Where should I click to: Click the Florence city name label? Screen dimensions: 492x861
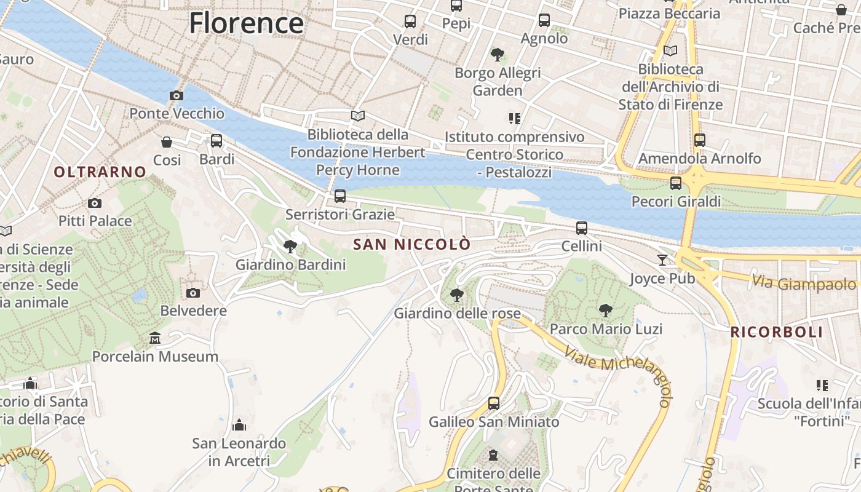click(246, 23)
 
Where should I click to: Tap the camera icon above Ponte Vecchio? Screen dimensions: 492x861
click(177, 95)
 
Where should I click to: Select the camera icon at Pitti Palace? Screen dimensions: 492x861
click(94, 203)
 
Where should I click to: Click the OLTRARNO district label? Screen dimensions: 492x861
click(100, 172)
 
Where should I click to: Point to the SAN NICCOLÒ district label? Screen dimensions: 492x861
click(412, 244)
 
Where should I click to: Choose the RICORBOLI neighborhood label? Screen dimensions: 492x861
click(776, 332)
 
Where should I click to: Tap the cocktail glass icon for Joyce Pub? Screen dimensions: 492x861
click(662, 260)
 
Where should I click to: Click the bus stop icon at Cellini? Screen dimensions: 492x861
click(582, 228)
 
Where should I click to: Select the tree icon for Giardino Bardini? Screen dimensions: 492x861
click(290, 247)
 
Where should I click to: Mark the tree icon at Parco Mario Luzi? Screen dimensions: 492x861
click(606, 311)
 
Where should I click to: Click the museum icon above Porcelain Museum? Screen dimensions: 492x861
click(155, 338)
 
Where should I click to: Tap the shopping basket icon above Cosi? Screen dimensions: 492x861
click(167, 142)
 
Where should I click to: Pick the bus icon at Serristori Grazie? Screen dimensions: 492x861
click(340, 196)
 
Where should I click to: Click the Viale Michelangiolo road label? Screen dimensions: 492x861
click(621, 373)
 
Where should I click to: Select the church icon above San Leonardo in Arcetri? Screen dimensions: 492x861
click(239, 425)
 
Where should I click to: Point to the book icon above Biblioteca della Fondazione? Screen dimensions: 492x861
click(358, 116)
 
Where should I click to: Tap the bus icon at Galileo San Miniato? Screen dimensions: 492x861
click(494, 403)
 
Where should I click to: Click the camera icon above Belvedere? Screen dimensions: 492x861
click(193, 293)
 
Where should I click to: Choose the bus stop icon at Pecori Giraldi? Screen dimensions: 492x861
click(676, 183)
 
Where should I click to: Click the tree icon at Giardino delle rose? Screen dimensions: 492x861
click(456, 295)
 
